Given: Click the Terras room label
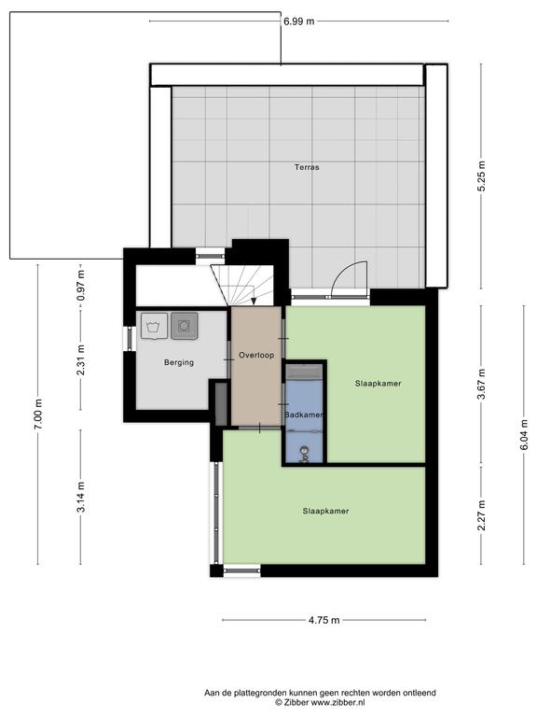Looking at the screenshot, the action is (x=307, y=167).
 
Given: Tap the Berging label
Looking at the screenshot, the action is (x=179, y=362).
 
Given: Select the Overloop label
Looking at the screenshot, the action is (x=256, y=355).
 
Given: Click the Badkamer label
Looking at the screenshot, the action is (x=304, y=415).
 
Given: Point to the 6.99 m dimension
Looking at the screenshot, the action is (x=299, y=21).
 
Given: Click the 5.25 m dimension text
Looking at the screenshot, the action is (x=482, y=176).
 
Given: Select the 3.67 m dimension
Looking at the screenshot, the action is (x=482, y=383).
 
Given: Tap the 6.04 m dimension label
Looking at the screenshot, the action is (x=524, y=434).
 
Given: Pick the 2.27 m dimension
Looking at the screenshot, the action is (x=482, y=515).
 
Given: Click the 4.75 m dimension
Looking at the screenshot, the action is (x=324, y=621).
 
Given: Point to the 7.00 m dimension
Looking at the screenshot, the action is (x=38, y=414).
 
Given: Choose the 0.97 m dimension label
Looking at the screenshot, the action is (x=81, y=286).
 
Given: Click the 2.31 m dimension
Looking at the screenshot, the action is (x=81, y=359).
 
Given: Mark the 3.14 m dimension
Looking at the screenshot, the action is (x=81, y=497).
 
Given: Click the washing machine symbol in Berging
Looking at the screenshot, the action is (x=155, y=326).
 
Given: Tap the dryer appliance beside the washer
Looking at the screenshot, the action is (x=185, y=326).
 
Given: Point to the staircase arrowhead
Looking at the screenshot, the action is (x=254, y=301).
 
